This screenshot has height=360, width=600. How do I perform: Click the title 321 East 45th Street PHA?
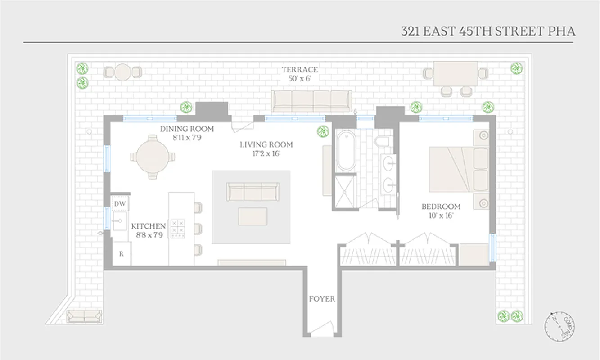(488, 31)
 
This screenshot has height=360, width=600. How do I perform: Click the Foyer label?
(322, 299)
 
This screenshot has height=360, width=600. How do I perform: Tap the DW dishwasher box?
(119, 203)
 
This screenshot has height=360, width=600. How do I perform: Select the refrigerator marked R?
(121, 254)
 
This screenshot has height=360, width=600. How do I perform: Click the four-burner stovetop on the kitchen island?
(178, 229)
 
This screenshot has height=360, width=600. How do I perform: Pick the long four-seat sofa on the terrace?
(311, 101)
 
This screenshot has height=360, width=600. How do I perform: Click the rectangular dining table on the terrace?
(455, 74)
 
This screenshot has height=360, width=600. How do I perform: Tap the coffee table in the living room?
(253, 216)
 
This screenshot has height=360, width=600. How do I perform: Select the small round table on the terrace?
(122, 72)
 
